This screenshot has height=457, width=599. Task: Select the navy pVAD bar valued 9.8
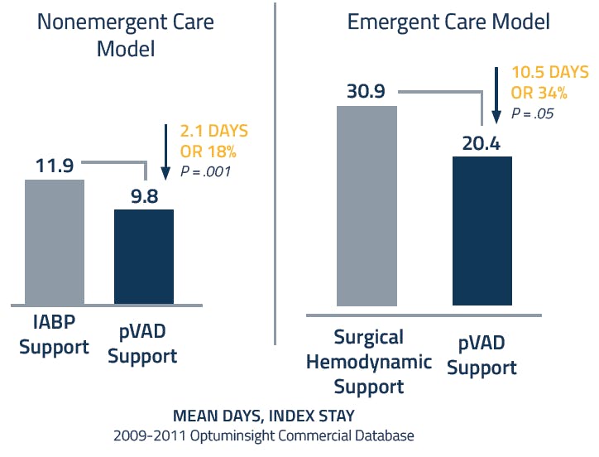pyautogui.click(x=144, y=256)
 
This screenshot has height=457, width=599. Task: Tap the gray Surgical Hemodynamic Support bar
pyautogui.click(x=367, y=206)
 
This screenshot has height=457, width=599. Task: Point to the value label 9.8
pyautogui.click(x=144, y=195)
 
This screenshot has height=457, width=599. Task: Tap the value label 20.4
pyautogui.click(x=482, y=142)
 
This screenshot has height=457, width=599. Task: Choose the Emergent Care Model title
pyautogui.click(x=448, y=22)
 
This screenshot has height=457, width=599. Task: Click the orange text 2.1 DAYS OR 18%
pyautogui.click(x=213, y=141)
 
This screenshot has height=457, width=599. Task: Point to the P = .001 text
pyautogui.click(x=206, y=171)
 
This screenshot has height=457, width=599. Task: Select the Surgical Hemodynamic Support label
pyautogui.click(x=369, y=361)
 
